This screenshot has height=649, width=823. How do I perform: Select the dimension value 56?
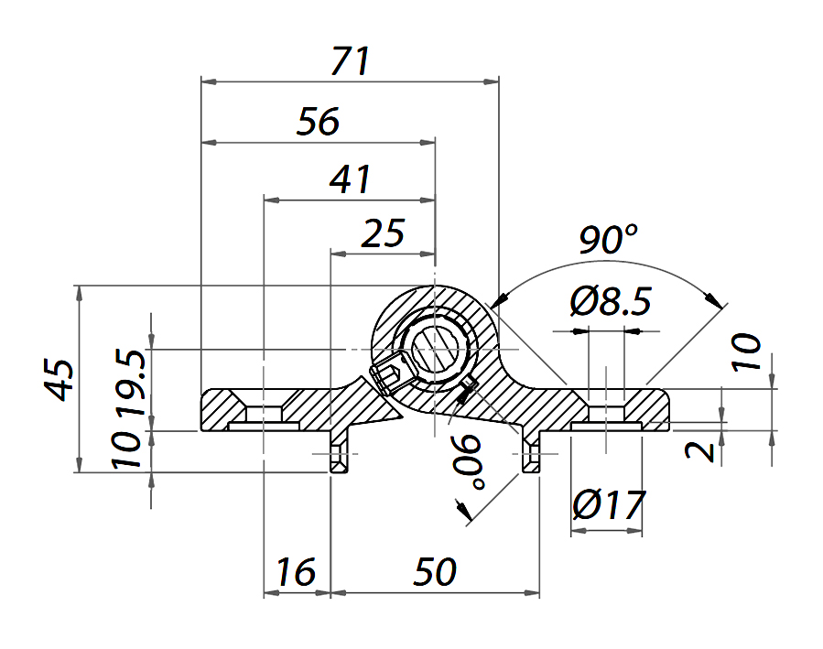pyautogui.click(x=319, y=122)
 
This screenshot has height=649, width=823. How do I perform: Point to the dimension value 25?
pyautogui.click(x=383, y=234)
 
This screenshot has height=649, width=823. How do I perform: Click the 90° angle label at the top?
pyautogui.click(x=608, y=240)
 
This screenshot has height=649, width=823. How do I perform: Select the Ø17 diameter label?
pyautogui.click(x=609, y=504)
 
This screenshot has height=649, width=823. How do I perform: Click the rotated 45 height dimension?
pyautogui.click(x=60, y=379)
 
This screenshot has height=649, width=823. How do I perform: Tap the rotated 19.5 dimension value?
pyautogui.click(x=128, y=381)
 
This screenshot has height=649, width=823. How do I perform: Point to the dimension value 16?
pyautogui.click(x=296, y=573)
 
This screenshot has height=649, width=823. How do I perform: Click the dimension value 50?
pyautogui.click(x=434, y=573)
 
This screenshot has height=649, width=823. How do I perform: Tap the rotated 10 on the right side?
pyautogui.click(x=746, y=352)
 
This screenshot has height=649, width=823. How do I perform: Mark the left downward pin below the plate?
pyautogui.click(x=339, y=455)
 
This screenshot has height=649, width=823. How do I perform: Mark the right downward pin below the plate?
pyautogui.click(x=532, y=455)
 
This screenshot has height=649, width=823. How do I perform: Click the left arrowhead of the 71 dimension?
pyautogui.click(x=207, y=82)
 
